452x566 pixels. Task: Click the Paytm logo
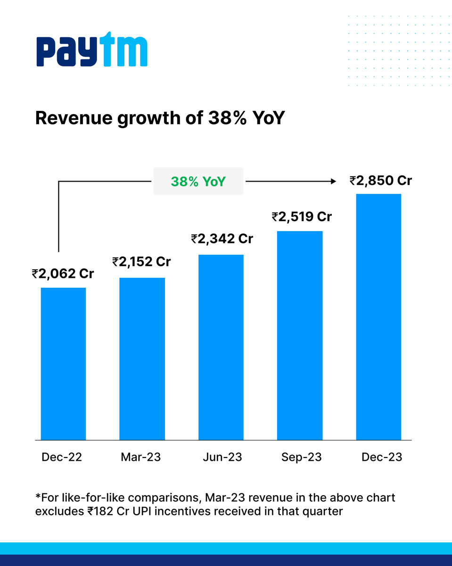(x=92, y=49)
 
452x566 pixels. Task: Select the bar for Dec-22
(x=63, y=363)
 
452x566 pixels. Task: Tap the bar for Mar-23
(x=142, y=358)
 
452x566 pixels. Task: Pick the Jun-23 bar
(x=221, y=347)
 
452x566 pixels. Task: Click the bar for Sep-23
(x=300, y=335)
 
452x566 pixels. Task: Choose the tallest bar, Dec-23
(x=378, y=316)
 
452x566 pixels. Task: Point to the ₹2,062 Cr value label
(x=63, y=274)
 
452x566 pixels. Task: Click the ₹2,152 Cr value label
(x=141, y=262)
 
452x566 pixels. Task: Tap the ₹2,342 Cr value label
(x=222, y=239)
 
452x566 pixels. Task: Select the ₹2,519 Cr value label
(x=302, y=216)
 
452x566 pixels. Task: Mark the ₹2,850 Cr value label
(x=381, y=180)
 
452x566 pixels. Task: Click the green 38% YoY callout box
(x=198, y=181)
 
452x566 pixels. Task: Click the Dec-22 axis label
(x=62, y=457)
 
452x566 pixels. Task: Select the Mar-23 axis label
(x=140, y=457)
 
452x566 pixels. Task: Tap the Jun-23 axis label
(x=222, y=457)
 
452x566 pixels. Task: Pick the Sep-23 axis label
(x=302, y=457)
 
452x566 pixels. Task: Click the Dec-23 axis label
(x=382, y=457)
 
